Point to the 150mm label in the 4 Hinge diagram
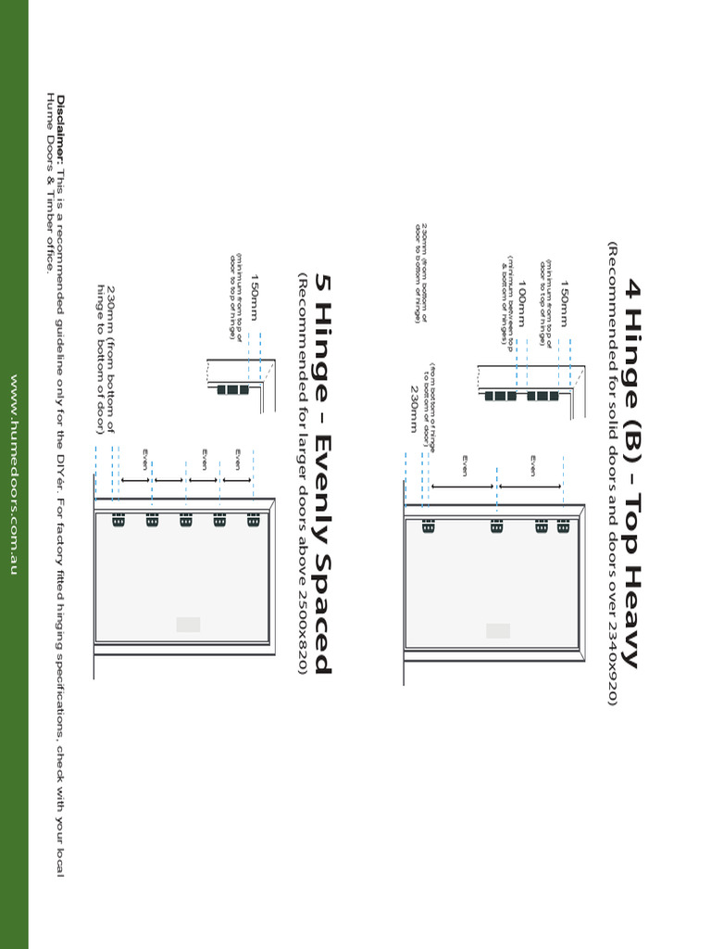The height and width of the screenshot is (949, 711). (x=565, y=306)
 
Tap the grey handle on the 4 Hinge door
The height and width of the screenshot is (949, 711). (x=498, y=630)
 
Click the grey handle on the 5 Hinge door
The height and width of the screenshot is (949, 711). (x=188, y=625)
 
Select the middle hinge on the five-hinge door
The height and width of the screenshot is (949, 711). (x=186, y=521)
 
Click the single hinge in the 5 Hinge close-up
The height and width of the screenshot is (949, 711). (x=232, y=390)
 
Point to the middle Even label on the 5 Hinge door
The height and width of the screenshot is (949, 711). (x=204, y=459)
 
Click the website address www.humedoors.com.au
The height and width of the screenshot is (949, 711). (x=14, y=474)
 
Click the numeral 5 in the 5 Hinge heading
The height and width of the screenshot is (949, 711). (x=321, y=282)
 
